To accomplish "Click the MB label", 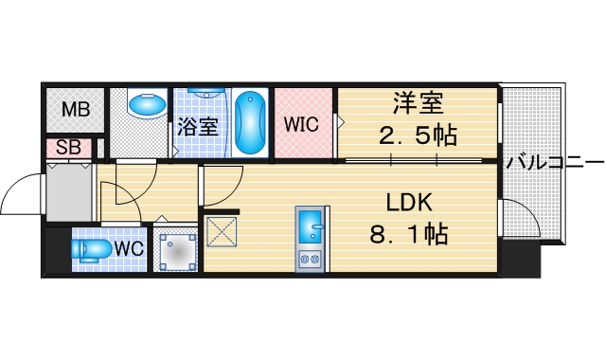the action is pos(76,109).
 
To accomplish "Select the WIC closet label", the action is pos(302,124).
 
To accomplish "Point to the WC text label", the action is pos(129,249).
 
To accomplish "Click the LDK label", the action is pos(409,202).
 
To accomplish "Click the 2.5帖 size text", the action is pos(418,135).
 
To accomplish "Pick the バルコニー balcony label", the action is pos(554,161).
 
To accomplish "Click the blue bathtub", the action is pos(249,123).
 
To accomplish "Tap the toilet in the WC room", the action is pos(93,249).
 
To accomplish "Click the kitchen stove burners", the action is pos(311,257).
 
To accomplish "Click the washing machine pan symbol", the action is pos(176,253).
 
